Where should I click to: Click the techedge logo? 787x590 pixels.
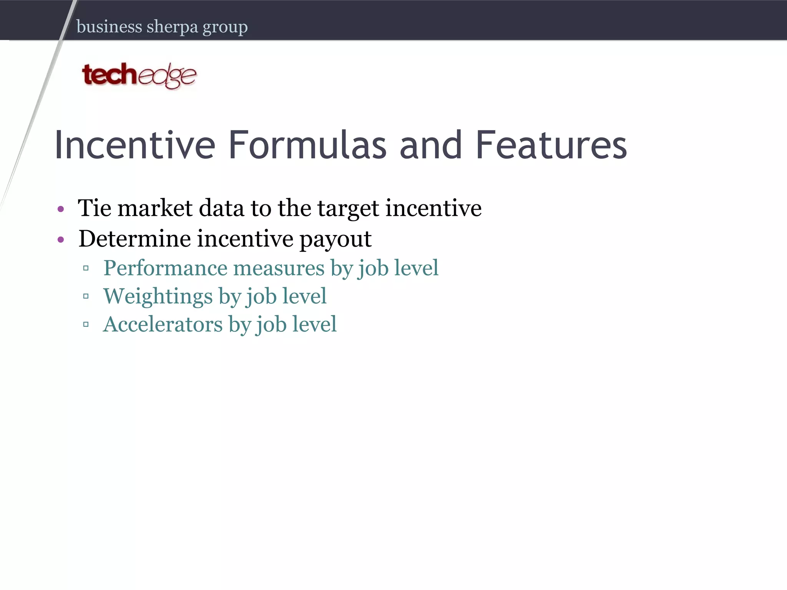[139, 75]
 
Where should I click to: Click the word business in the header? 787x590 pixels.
[110, 27]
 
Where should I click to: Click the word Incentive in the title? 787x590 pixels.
[135, 145]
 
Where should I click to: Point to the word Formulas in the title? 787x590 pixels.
[307, 145]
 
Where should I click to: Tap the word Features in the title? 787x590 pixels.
[551, 145]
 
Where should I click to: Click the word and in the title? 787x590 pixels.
[430, 145]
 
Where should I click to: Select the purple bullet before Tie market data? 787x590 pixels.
[60, 209]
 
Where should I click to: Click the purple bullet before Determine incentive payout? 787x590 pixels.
[60, 240]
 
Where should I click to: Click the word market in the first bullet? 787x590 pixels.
[155, 208]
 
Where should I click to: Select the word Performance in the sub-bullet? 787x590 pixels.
[165, 268]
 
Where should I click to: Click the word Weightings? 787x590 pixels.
[158, 297]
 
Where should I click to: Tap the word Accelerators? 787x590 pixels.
[163, 324]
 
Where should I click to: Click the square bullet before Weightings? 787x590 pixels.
[86, 296]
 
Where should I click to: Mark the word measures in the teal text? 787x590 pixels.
[279, 268]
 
